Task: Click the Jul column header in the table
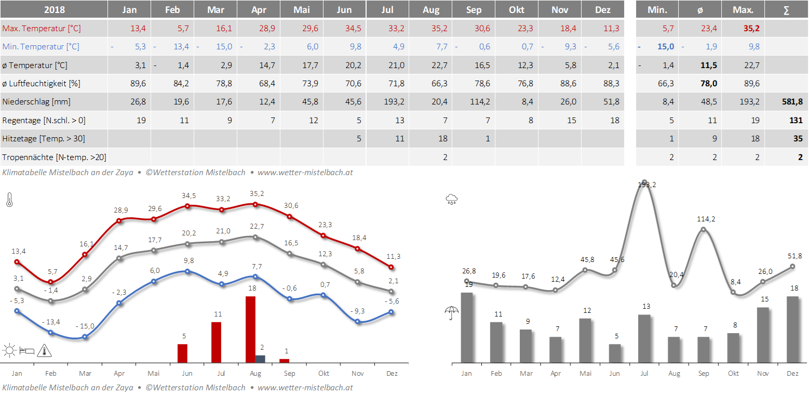tap(387, 10)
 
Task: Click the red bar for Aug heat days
tap(250, 329)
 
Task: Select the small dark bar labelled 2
tap(260, 359)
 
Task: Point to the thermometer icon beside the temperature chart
tap(9, 200)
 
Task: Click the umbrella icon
tap(451, 313)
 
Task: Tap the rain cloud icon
tap(451, 199)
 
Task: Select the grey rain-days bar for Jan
tap(467, 327)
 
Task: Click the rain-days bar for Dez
tap(792, 329)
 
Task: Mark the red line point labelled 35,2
tap(255, 204)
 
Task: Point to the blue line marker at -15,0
tap(85, 337)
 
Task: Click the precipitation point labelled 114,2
tap(704, 229)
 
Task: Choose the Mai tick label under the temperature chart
tap(153, 373)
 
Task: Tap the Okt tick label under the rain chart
tap(733, 373)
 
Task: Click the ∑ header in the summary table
tap(786, 10)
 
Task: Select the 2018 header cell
tap(54, 10)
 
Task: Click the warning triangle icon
tap(45, 351)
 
